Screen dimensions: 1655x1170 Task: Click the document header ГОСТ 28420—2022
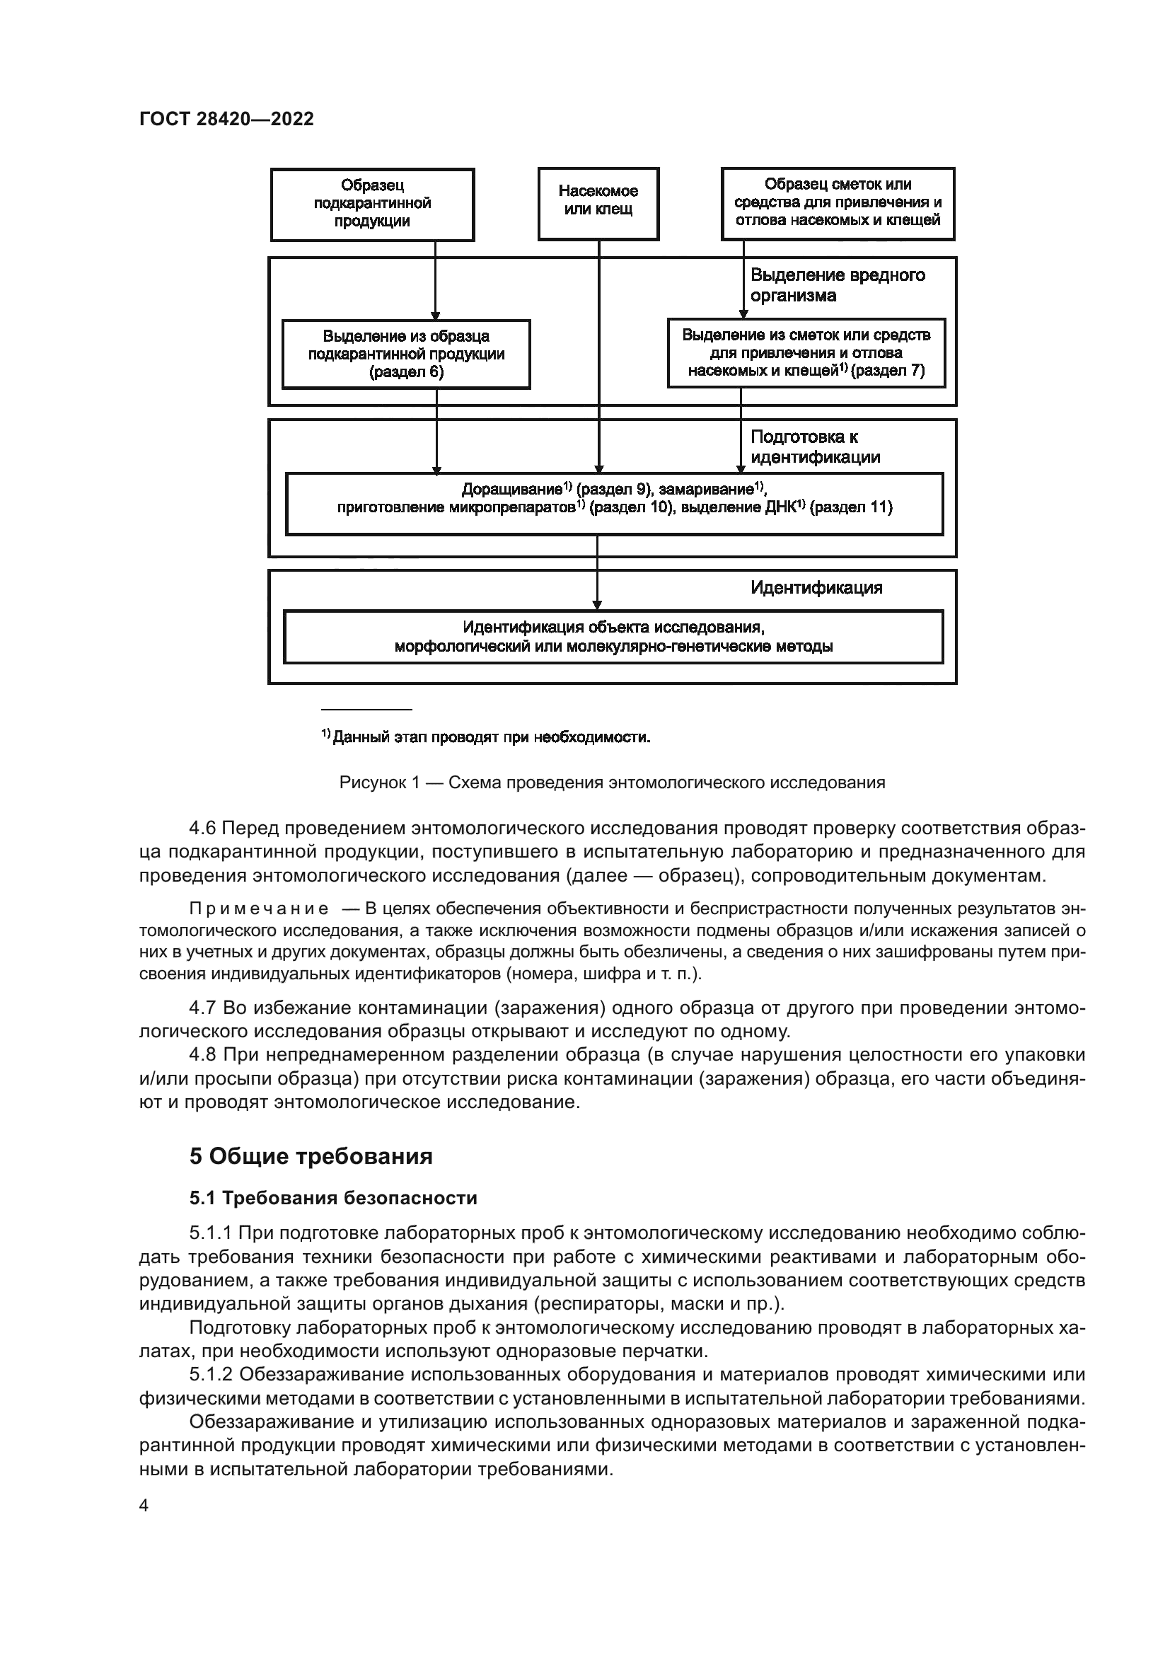pyautogui.click(x=226, y=120)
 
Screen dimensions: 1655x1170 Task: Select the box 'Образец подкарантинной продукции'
pyautogui.click(x=372, y=204)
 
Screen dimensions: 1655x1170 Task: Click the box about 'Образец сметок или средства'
pyautogui.click(x=837, y=202)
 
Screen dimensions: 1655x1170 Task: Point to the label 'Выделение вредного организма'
pyautogui.click(x=837, y=285)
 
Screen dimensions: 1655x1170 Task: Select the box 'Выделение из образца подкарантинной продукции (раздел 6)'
pyautogui.click(x=405, y=354)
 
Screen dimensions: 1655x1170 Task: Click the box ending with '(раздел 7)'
pyautogui.click(x=806, y=353)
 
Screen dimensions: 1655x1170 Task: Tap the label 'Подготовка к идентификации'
pyautogui.click(x=815, y=447)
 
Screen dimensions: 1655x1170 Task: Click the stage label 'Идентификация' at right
pyautogui.click(x=816, y=587)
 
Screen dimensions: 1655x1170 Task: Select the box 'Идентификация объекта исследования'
pyautogui.click(x=613, y=637)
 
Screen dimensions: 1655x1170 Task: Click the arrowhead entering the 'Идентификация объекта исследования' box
pyautogui.click(x=597, y=606)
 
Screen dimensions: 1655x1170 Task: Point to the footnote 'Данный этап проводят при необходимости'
pyautogui.click(x=486, y=737)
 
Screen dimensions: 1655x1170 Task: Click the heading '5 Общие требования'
pyautogui.click(x=311, y=1157)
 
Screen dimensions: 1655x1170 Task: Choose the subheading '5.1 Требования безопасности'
pyautogui.click(x=333, y=1198)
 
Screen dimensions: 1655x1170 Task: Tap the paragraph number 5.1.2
pyautogui.click(x=212, y=1375)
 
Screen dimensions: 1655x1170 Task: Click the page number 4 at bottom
pyautogui.click(x=144, y=1506)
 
